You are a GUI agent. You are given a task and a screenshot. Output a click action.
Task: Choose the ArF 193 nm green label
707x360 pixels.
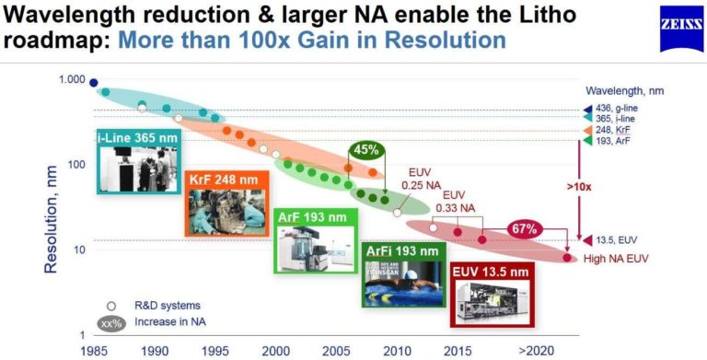click(311, 216)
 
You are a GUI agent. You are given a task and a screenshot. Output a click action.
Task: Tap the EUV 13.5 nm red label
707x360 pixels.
click(494, 273)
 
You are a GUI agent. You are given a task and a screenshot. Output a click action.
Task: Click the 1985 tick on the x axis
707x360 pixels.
click(92, 350)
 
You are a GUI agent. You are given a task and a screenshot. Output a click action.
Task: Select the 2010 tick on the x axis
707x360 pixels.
click(397, 350)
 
